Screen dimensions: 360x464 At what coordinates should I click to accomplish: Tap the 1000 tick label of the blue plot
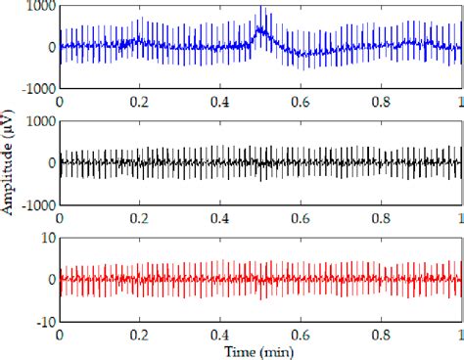[38, 6]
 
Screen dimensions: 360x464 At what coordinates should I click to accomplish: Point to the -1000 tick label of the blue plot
[35, 88]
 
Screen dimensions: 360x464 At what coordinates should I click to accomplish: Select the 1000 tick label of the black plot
[38, 121]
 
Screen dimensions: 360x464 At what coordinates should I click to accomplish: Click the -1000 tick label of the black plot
[35, 204]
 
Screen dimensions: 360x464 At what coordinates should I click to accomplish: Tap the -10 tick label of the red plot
[43, 320]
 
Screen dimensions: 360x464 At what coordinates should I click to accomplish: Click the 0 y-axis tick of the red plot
[49, 279]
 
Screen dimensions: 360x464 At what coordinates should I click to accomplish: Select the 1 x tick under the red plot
[459, 334]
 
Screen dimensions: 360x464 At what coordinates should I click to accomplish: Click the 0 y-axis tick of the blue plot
[49, 47]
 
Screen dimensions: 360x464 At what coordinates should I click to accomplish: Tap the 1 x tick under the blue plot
[459, 101]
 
